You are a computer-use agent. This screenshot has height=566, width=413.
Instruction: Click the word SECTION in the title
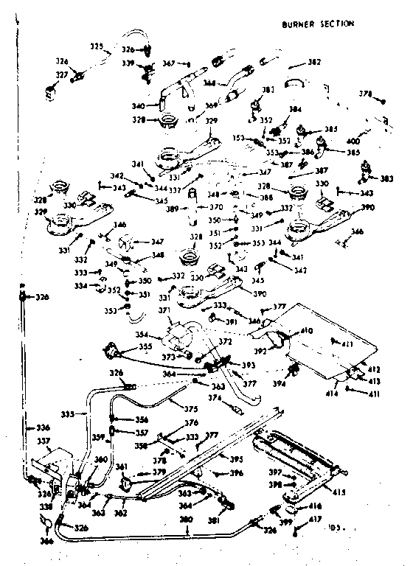336,24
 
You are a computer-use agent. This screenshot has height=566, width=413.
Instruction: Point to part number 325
97,46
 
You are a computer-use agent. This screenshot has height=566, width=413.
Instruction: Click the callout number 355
147,346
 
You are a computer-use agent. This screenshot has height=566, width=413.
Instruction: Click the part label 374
215,398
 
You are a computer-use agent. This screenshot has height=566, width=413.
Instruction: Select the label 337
43,442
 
